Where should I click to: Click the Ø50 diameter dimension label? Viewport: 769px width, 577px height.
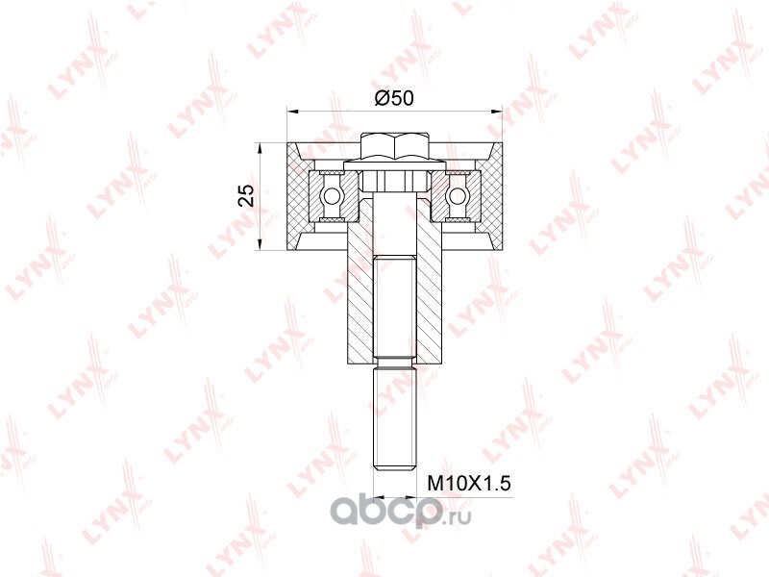coord(394,99)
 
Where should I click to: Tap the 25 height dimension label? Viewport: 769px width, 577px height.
coord(248,195)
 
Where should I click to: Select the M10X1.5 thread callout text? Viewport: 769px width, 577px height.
coord(469,484)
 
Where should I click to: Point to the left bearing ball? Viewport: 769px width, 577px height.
coord(329,196)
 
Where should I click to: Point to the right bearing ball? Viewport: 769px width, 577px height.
coord(457,196)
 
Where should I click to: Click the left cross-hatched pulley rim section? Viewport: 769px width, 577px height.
coord(298,196)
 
